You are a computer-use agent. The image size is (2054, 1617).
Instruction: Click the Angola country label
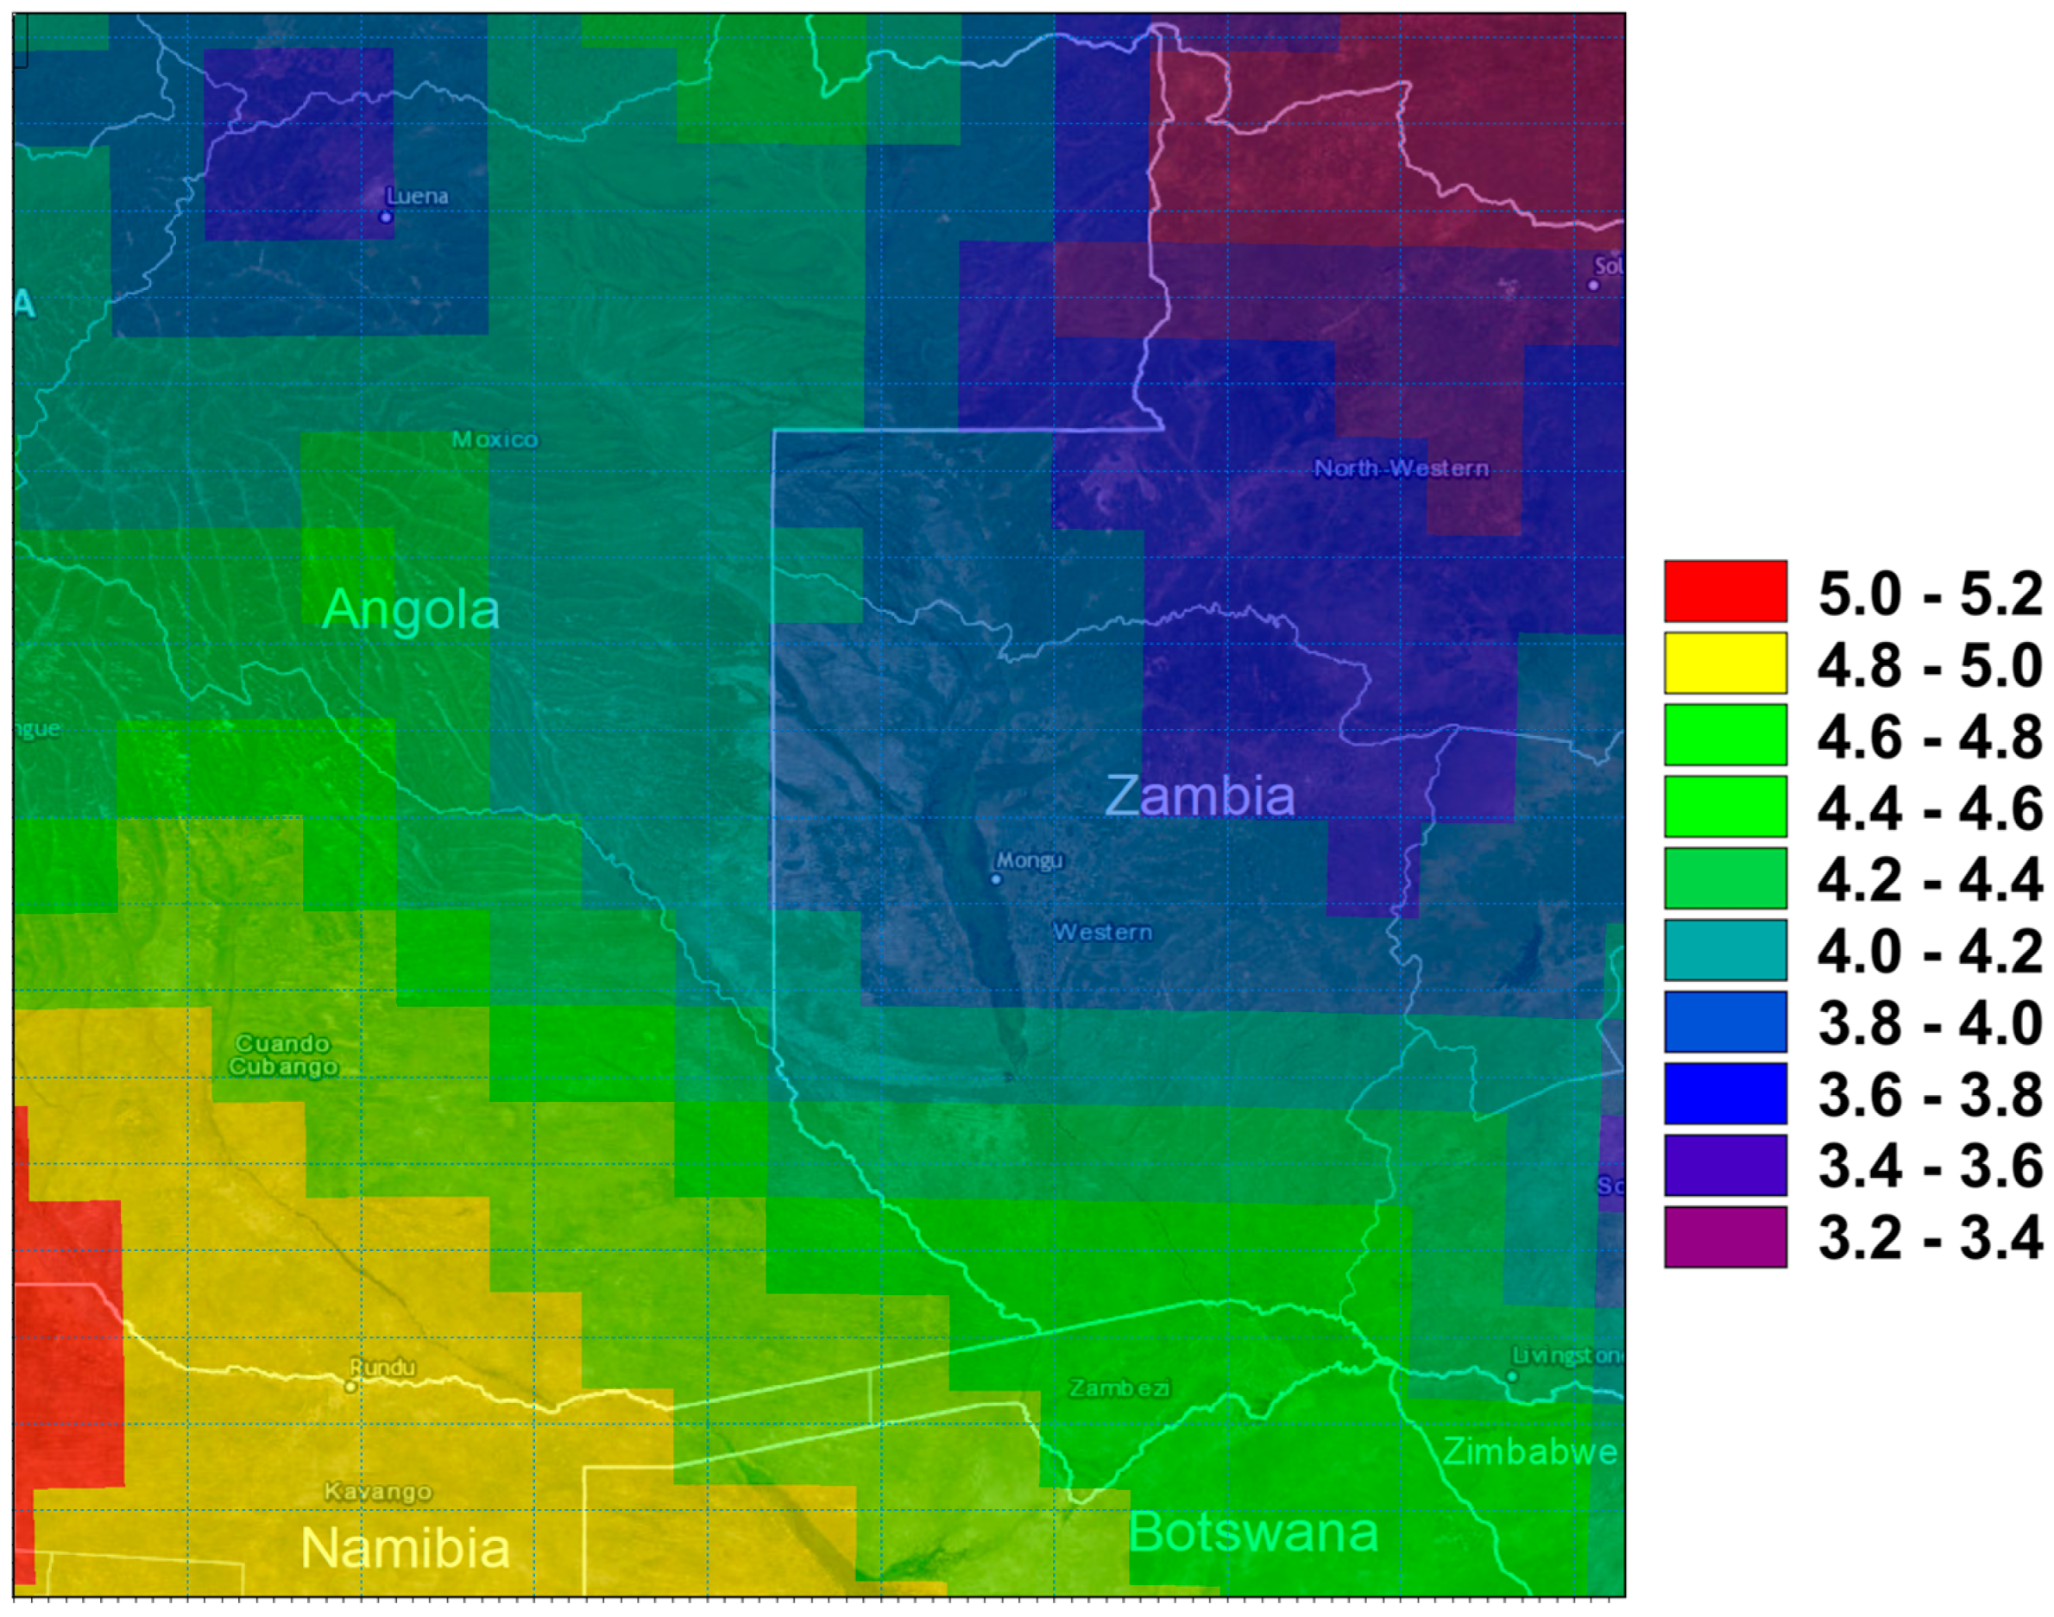410,610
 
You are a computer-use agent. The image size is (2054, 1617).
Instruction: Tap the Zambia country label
1200,796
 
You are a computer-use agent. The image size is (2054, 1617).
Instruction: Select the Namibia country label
406,1548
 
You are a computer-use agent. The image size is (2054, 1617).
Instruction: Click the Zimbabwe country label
1529,1451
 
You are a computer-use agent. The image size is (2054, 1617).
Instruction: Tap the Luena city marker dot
386,217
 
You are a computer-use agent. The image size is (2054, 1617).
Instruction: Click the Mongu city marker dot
995,878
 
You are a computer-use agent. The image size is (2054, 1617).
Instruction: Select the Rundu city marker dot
350,1386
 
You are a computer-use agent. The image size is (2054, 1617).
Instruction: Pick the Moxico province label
495,439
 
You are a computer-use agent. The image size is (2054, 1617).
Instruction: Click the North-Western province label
1401,469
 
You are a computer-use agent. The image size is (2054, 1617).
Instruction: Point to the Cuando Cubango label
283,1054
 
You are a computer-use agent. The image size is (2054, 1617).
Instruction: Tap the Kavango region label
378,1491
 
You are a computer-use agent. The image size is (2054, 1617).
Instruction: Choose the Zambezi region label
1119,1387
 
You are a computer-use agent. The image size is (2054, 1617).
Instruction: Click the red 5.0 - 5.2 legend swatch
1725,592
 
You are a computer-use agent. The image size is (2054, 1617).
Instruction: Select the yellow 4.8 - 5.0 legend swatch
1725,664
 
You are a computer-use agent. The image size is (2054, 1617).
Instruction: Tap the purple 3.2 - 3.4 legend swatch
1725,1236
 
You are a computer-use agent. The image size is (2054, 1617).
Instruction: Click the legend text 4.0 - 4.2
1930,952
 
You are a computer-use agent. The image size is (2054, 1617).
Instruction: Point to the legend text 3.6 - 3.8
1930,1094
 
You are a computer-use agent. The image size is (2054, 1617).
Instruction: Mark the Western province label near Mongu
1102,933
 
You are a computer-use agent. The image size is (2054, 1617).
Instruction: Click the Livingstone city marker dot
1512,1376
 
